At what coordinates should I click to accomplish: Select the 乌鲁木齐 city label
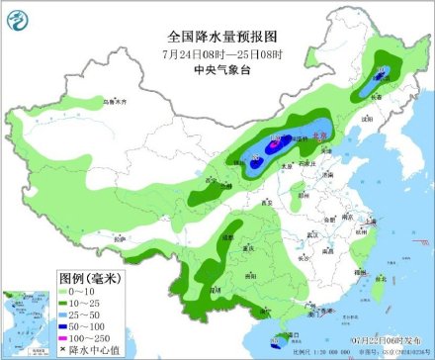[x=116, y=102]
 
